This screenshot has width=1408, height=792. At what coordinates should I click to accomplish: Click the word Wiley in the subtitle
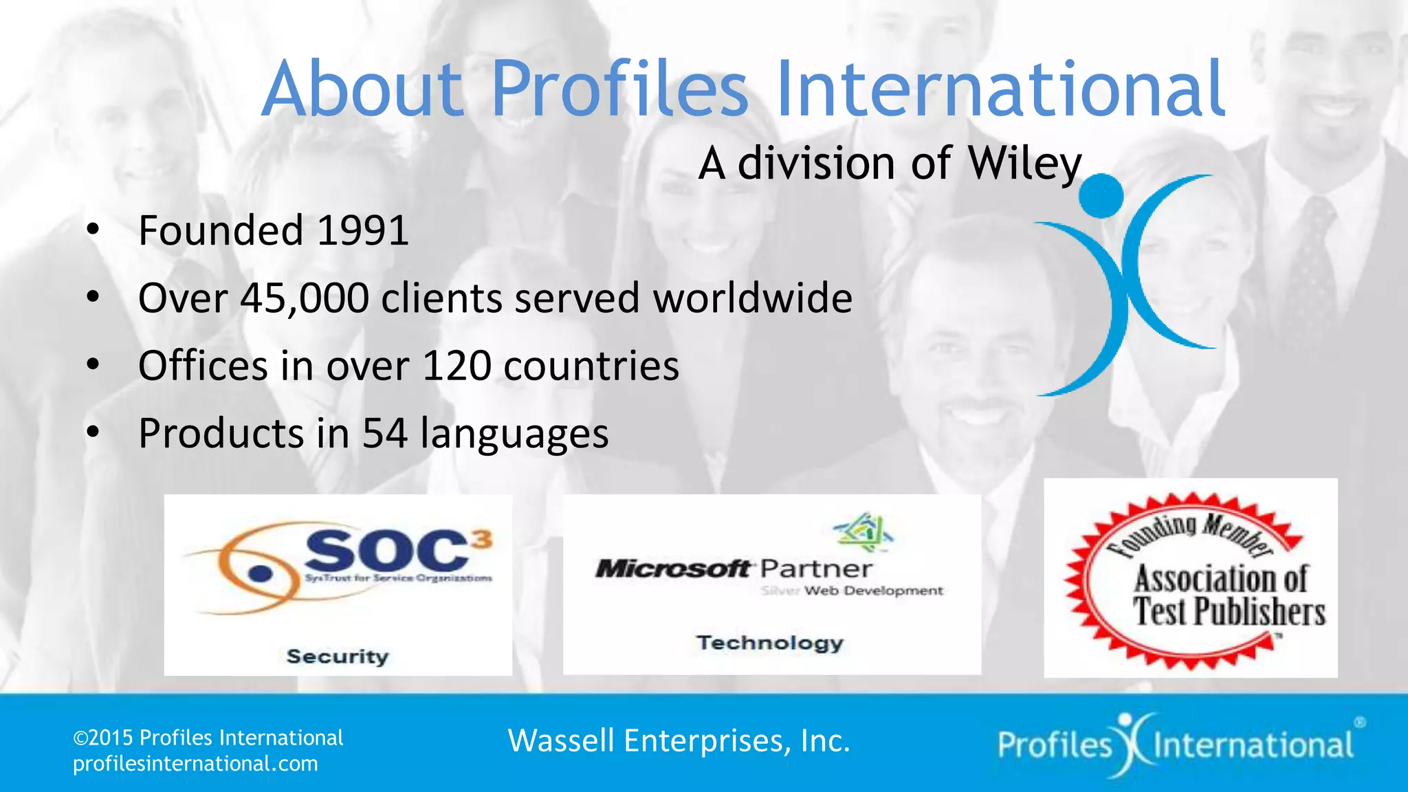tap(1024, 164)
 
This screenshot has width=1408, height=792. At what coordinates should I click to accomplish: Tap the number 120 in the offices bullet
tap(456, 366)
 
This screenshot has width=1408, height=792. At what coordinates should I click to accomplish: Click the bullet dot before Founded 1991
tap(93, 230)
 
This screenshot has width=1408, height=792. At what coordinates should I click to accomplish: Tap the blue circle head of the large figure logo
tap(1101, 196)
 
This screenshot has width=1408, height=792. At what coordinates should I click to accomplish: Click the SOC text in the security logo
tap(388, 550)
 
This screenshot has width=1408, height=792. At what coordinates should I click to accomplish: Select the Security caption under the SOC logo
tap(338, 657)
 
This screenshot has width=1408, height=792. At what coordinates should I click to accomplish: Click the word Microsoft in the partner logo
tap(672, 569)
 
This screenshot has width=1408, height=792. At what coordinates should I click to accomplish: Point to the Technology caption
tap(770, 643)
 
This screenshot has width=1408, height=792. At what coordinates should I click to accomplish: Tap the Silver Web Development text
tap(852, 591)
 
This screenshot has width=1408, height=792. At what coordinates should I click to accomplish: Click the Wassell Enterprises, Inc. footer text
tap(679, 741)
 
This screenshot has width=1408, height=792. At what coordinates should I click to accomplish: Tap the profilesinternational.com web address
tap(195, 764)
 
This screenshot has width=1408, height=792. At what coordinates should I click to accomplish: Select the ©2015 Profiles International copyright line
tap(208, 738)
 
